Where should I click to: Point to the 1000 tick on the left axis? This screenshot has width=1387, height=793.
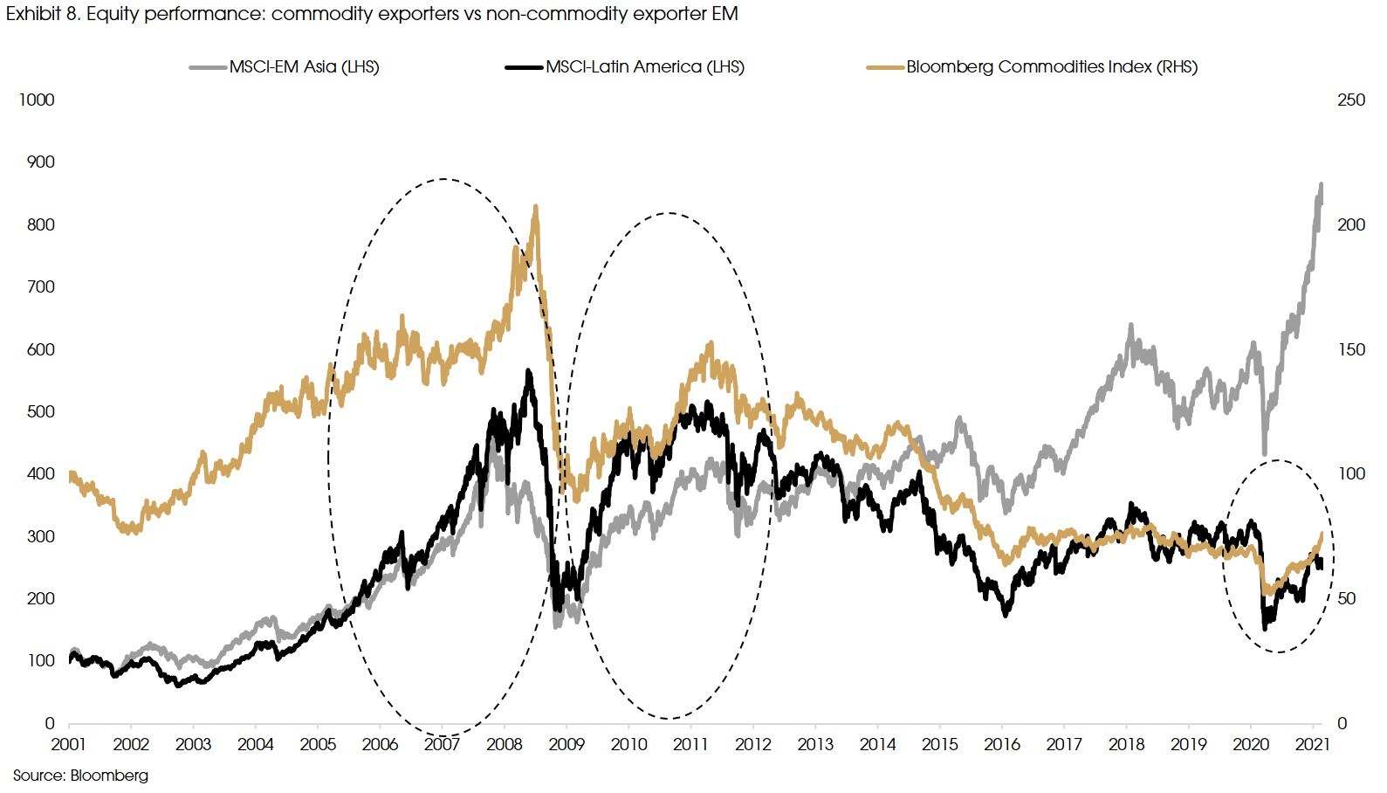(x=37, y=100)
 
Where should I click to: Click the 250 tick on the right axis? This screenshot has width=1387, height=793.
(x=1350, y=100)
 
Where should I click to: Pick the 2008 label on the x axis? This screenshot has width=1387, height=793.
(x=504, y=744)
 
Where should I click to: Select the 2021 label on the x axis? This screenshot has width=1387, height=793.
(x=1312, y=744)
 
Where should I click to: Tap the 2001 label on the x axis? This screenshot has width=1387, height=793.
(x=68, y=744)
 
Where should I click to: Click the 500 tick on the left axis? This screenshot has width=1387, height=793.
(x=40, y=411)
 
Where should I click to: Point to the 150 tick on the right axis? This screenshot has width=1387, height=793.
(x=1350, y=349)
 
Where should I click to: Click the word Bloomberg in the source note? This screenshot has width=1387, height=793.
(x=109, y=776)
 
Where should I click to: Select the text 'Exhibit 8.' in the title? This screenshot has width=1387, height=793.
(x=43, y=14)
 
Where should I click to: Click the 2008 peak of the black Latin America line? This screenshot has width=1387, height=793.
(x=528, y=371)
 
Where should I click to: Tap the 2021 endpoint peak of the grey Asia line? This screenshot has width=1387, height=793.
(x=1321, y=184)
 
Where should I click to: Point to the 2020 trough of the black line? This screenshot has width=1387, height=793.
(x=1265, y=627)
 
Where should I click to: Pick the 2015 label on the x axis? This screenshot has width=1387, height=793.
(x=939, y=744)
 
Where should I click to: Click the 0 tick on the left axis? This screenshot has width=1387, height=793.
(x=50, y=723)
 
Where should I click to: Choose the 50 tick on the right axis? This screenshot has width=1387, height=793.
(x=1347, y=598)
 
